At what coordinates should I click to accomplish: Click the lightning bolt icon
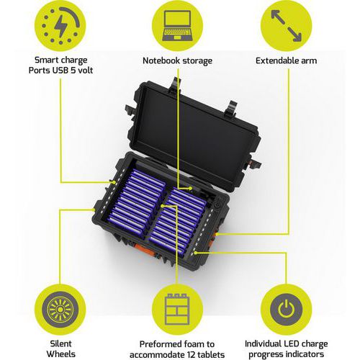click(60, 27)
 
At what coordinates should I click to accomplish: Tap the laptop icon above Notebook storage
click(178, 26)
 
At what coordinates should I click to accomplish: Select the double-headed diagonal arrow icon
click(286, 26)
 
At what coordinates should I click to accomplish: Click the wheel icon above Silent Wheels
click(60, 310)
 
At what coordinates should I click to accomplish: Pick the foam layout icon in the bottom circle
click(177, 309)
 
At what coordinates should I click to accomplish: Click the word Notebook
click(160, 60)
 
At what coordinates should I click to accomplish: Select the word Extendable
click(274, 60)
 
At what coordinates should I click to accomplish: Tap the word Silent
click(60, 343)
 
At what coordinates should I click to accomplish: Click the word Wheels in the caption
click(60, 354)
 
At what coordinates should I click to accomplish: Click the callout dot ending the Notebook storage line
click(190, 188)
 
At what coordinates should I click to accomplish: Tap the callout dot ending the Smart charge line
click(114, 183)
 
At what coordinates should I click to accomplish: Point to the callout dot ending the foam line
click(163, 206)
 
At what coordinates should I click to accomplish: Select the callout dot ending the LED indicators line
click(196, 253)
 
